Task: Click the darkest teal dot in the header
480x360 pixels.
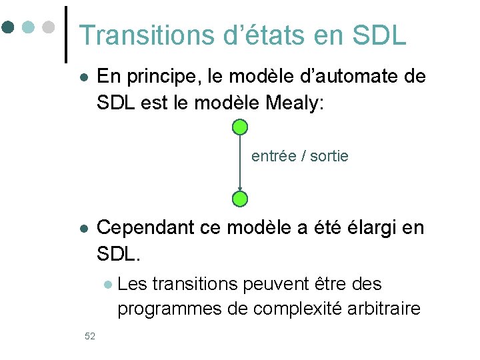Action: click(x=8, y=27)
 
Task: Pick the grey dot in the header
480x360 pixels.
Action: click(x=47, y=27)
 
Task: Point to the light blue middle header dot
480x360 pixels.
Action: click(x=28, y=27)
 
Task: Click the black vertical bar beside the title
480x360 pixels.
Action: click(x=67, y=35)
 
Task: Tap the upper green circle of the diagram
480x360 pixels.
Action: click(x=241, y=127)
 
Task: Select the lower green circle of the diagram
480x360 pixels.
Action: click(x=241, y=198)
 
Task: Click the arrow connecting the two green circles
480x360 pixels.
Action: click(x=241, y=163)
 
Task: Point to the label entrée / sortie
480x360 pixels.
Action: click(x=299, y=157)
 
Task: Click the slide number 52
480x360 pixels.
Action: click(x=90, y=335)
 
